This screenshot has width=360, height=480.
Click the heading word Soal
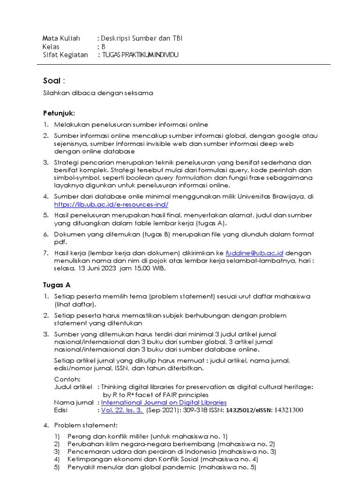[52, 81]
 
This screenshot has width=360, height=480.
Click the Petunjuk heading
[58, 113]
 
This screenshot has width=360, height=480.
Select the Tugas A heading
[56, 285]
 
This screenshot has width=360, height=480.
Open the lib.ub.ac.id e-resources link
[111, 205]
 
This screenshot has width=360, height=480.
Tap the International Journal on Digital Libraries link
[164, 402]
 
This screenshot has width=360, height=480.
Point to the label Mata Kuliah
[61, 38]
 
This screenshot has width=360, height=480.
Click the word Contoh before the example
[67, 379]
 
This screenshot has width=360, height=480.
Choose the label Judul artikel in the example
[73, 387]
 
